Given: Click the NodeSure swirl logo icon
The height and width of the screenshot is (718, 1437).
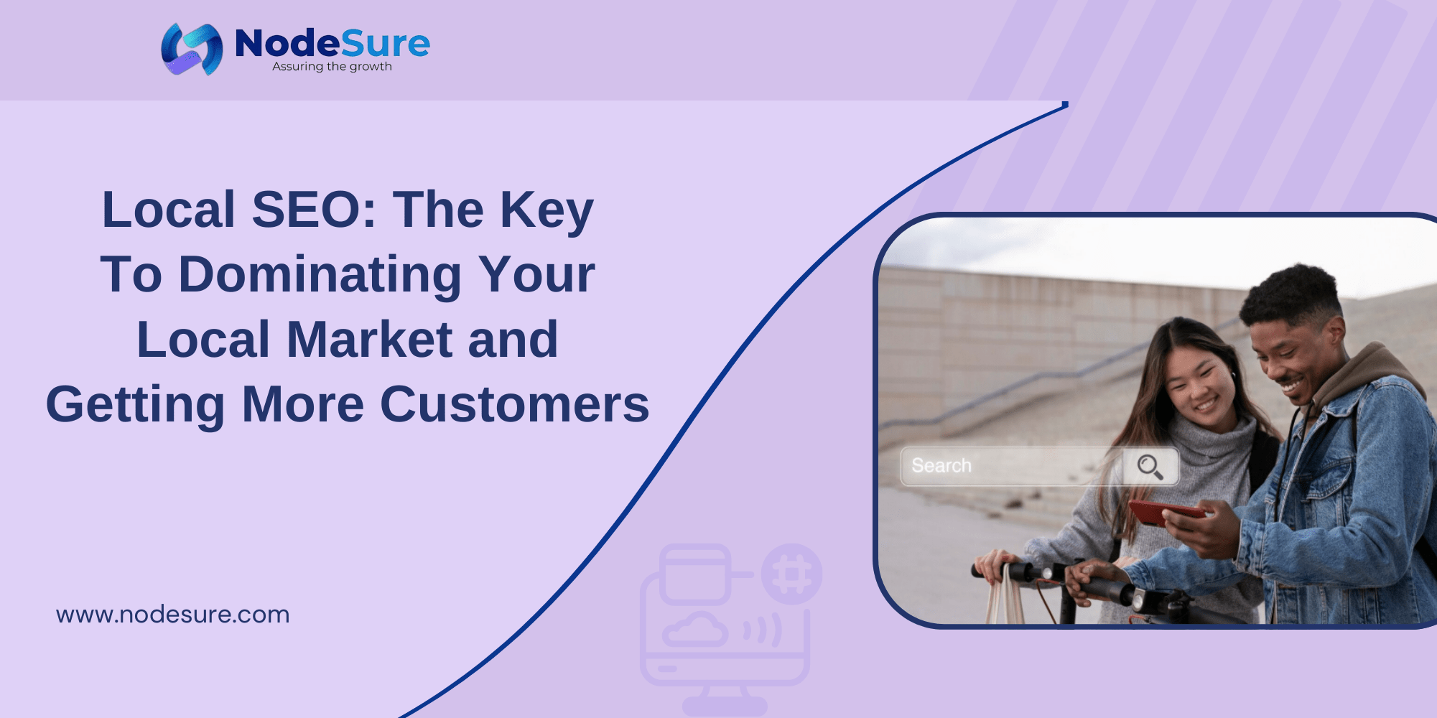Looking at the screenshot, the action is point(192,49).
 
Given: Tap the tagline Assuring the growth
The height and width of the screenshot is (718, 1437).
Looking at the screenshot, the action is point(332,67).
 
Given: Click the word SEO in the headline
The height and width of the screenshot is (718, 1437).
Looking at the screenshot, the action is point(314,210).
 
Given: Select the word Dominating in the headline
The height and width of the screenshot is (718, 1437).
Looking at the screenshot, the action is point(320,275).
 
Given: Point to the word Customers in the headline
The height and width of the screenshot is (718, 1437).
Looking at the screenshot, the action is point(514,404).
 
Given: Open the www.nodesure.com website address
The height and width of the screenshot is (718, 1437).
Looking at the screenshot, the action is point(173,615).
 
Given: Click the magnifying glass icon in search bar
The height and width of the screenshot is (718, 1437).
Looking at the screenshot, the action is point(1150,467).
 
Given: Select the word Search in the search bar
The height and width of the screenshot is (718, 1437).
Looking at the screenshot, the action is point(941,466).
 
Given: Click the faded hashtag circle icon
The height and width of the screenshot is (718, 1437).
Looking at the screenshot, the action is point(791,574).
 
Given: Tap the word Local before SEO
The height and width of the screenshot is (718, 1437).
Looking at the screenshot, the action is point(169,210).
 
